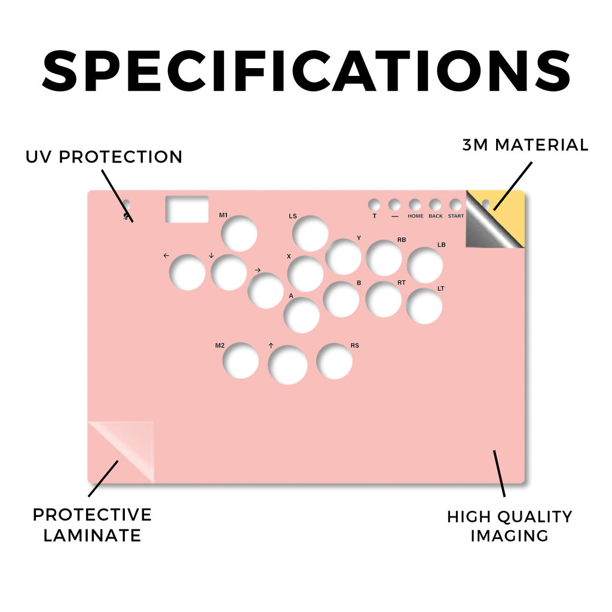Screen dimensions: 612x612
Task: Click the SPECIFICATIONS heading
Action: coord(307,71)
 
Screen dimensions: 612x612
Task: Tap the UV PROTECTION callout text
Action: coord(104,157)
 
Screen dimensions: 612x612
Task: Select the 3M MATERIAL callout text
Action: coord(525,145)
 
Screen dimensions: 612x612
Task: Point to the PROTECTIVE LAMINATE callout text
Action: coord(92,525)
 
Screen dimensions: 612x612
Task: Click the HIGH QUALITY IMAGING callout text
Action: coord(509,526)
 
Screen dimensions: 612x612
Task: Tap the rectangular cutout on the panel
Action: coord(186,209)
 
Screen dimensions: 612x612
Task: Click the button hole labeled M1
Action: coord(239,234)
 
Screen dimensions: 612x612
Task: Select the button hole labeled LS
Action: coord(310,234)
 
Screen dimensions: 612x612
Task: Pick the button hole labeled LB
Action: coord(425,265)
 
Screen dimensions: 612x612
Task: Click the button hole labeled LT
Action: coord(424,306)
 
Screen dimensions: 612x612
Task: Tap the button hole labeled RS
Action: coord(334,361)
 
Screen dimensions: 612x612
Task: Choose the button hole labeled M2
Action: coord(240,360)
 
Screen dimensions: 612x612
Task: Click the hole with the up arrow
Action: coord(287,365)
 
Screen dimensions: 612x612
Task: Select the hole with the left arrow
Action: coord(187,272)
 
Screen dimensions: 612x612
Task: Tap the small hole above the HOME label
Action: coord(415,205)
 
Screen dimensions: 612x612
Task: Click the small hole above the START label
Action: coord(455,205)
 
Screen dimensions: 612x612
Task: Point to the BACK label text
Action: coord(436,216)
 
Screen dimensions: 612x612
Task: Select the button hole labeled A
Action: coord(301,316)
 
